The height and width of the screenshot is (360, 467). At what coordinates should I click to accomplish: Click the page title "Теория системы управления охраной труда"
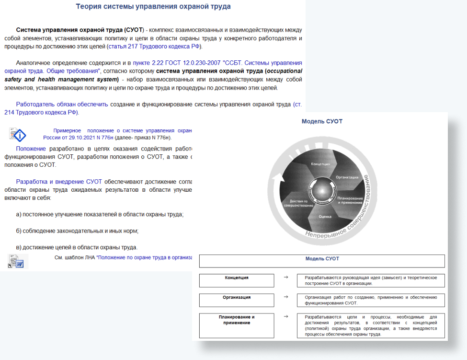click(153, 7)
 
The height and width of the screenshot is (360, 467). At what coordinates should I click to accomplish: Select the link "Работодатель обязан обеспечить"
click(62, 104)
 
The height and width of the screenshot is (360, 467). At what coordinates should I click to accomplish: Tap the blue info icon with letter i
click(19, 135)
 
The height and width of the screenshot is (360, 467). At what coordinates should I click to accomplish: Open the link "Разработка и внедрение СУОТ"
click(59, 182)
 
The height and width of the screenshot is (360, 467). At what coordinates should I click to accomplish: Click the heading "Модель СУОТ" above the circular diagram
click(322, 121)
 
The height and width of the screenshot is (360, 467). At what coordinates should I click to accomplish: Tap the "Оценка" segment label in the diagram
click(325, 217)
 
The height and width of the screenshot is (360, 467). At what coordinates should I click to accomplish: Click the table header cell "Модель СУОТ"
click(322, 259)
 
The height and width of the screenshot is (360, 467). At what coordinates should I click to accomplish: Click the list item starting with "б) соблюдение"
click(77, 231)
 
